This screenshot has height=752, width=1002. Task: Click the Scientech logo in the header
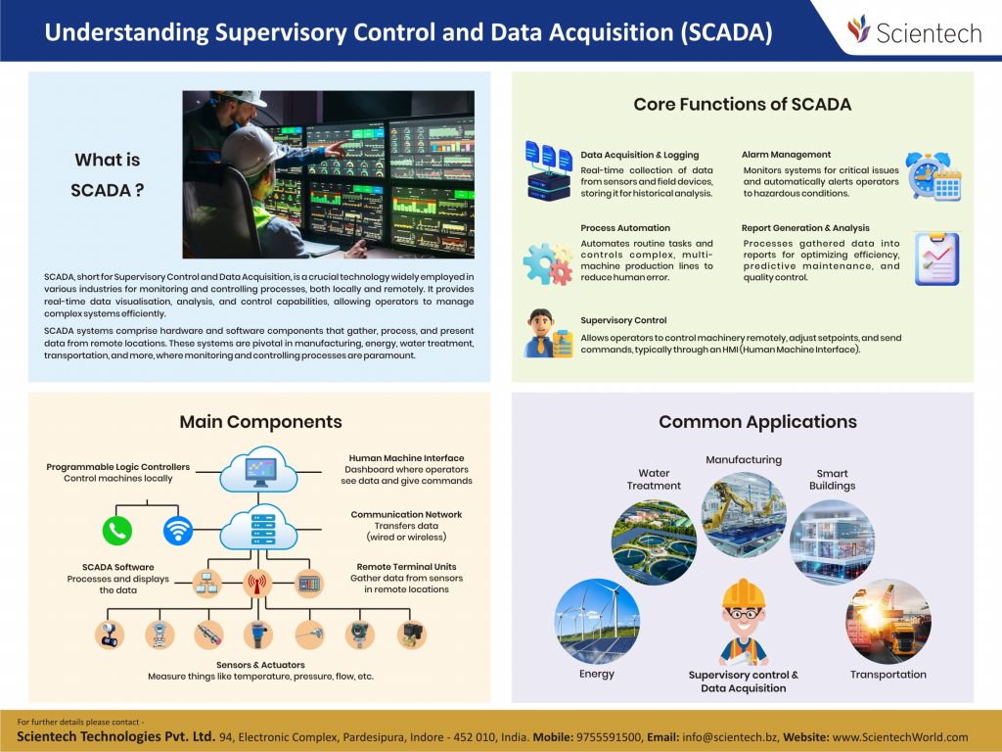(915, 30)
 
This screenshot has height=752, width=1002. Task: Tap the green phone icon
(117, 530)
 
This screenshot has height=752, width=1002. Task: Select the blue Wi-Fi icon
(178, 530)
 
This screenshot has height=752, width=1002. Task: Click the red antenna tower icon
(257, 584)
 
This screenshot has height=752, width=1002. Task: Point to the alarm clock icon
(933, 176)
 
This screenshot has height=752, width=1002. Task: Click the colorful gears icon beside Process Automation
(548, 262)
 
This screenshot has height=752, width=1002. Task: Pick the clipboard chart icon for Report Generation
(936, 258)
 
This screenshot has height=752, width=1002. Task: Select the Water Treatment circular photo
(654, 541)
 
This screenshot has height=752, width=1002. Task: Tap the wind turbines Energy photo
(597, 621)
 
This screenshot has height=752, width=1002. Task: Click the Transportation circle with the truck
(888, 621)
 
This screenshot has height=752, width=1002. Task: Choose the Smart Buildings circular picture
(832, 541)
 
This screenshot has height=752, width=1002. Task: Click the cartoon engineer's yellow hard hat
(744, 593)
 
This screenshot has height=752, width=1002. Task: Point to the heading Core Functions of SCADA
(743, 104)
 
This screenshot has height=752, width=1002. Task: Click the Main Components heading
(260, 422)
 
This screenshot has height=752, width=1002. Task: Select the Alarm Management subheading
(786, 155)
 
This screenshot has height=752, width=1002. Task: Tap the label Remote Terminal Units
(406, 567)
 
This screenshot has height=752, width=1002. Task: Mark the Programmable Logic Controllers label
(118, 467)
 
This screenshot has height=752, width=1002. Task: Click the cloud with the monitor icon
(258, 471)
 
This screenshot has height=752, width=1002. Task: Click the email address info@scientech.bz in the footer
(730, 737)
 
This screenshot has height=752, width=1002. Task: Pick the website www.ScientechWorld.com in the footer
(900, 737)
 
